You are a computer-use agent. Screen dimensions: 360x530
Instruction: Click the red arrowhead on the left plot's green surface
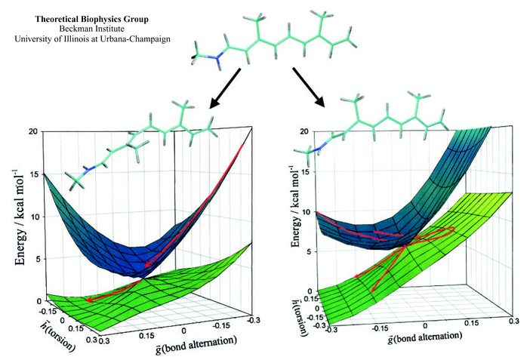pos(88,300)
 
